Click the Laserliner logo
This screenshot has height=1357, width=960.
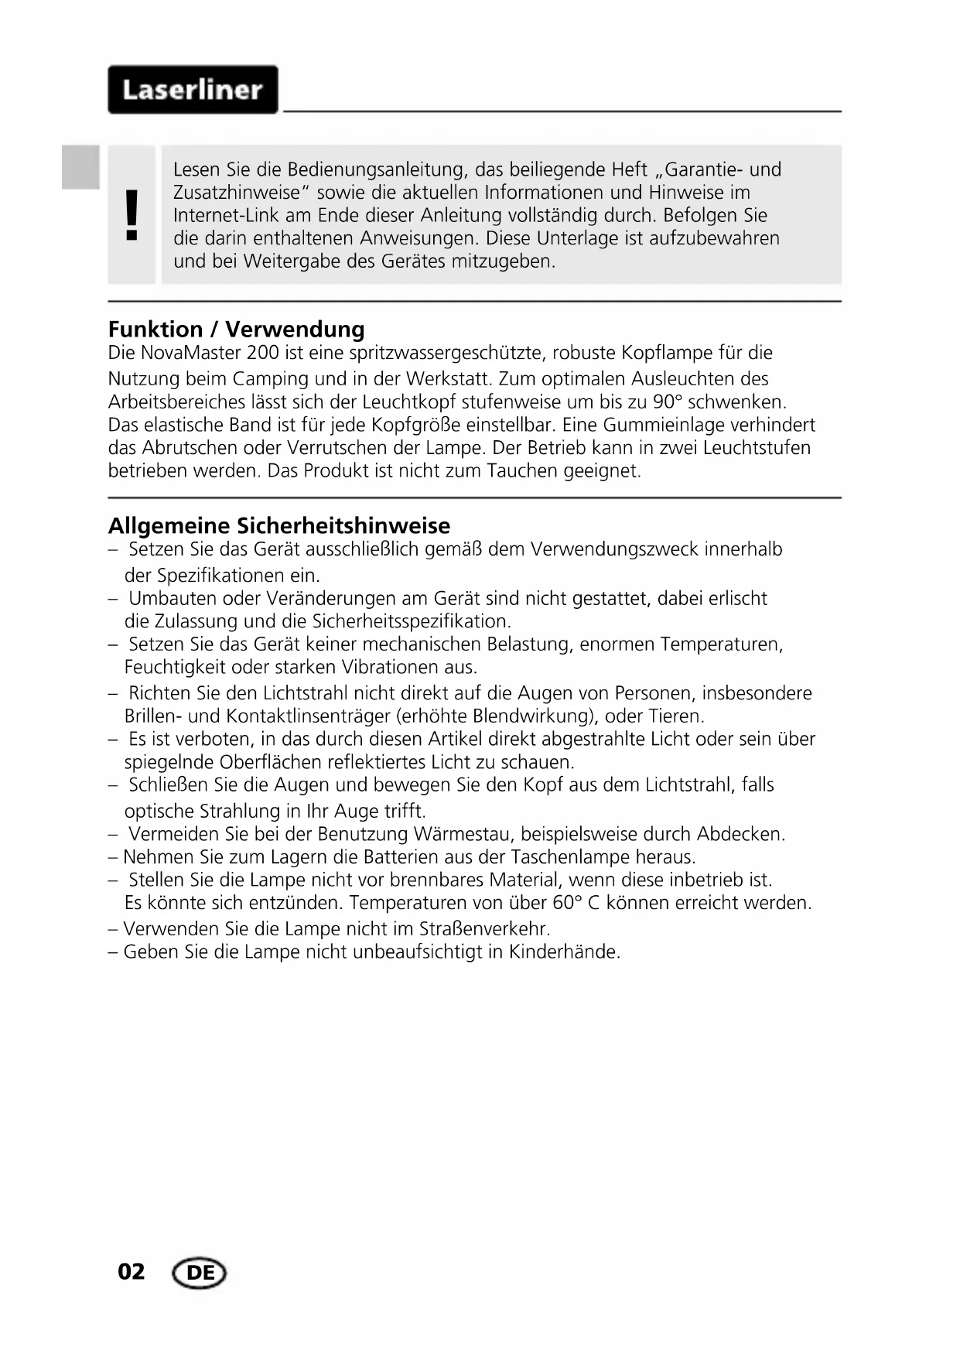click(193, 90)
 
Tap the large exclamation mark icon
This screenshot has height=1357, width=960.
click(132, 215)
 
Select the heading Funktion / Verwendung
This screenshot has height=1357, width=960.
click(236, 330)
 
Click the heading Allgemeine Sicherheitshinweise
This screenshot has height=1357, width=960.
click(278, 526)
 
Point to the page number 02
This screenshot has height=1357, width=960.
click(131, 1272)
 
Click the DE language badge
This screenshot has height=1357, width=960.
click(200, 1273)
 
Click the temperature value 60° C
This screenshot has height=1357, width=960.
click(576, 903)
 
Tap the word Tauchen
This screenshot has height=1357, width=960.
click(522, 471)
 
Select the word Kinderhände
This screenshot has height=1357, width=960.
click(564, 952)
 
